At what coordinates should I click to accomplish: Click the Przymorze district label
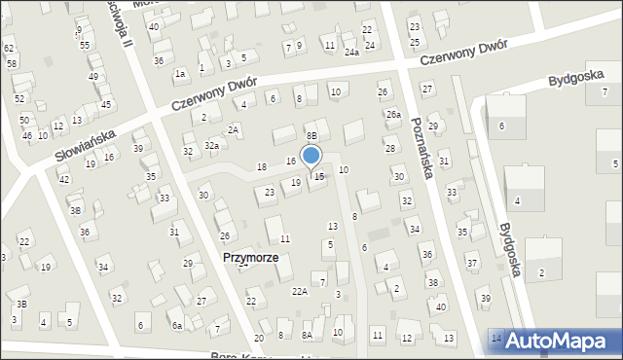tap(249, 258)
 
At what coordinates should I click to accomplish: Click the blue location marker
tap(311, 157)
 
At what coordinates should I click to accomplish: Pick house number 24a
tap(351, 53)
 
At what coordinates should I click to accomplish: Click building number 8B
tap(311, 135)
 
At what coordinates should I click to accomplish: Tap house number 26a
tap(392, 114)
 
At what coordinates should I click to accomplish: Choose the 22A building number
tap(300, 291)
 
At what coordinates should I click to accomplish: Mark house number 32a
tap(210, 145)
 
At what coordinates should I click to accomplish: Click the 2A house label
tap(233, 129)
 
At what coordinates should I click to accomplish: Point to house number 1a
tap(180, 73)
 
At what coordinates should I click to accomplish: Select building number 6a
tap(177, 325)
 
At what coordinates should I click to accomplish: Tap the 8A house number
tap(307, 335)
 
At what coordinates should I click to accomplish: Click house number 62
tap(9, 48)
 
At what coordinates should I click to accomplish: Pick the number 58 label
tap(12, 63)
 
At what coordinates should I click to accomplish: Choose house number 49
tap(93, 76)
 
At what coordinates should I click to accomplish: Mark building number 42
tap(63, 180)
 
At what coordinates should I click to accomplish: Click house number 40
tap(441, 306)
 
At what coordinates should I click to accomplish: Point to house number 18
tap(261, 167)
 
